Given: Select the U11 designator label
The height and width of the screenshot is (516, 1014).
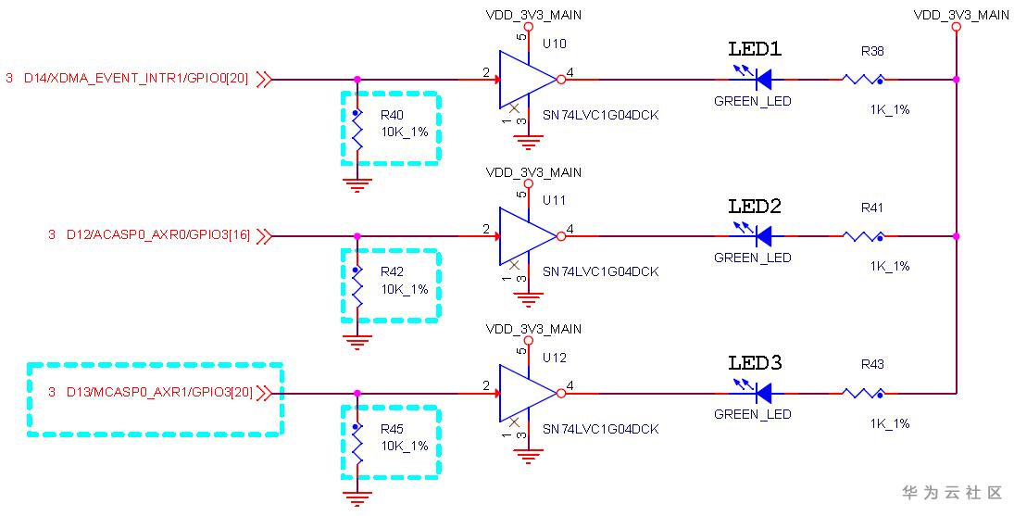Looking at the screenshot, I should coord(554,200).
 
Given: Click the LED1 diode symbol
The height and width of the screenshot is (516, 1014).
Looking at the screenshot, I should coord(764,79).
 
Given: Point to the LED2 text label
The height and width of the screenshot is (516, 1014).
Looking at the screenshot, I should coord(755,207).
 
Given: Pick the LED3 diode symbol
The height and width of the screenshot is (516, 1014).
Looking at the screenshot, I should coord(764,393).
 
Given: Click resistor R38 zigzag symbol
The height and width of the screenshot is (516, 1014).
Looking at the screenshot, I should coord(863,79).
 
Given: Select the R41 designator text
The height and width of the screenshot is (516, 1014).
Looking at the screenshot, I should coord(872,208).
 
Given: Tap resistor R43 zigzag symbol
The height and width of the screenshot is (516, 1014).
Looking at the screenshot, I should coord(863,393).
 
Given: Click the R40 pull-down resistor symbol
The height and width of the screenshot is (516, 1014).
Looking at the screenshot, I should coord(357,131).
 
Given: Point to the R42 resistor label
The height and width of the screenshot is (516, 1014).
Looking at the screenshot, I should coord(392,272).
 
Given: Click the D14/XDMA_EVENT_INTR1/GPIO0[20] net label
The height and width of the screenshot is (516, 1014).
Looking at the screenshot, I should coord(135,80).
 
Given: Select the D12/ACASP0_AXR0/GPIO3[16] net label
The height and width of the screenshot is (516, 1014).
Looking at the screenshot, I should coord(156,236).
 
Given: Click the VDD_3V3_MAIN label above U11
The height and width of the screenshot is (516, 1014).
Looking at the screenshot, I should coord(534,172).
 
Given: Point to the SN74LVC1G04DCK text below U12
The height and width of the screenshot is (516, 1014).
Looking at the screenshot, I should coord(600,429).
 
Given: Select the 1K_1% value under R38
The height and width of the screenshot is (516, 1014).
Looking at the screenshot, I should coord(889,109).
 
